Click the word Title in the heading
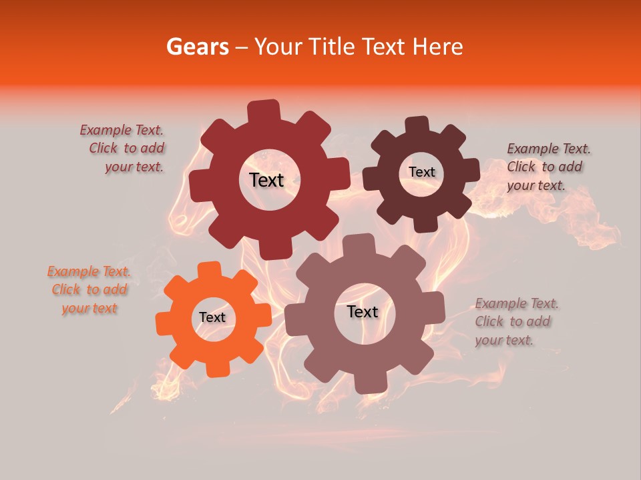[x=333, y=47]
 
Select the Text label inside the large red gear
[x=266, y=180]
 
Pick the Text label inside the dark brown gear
[x=421, y=172]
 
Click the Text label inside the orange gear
[x=212, y=317]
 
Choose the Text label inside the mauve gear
[x=362, y=311]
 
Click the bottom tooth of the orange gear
[x=215, y=367]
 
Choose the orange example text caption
[x=89, y=289]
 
